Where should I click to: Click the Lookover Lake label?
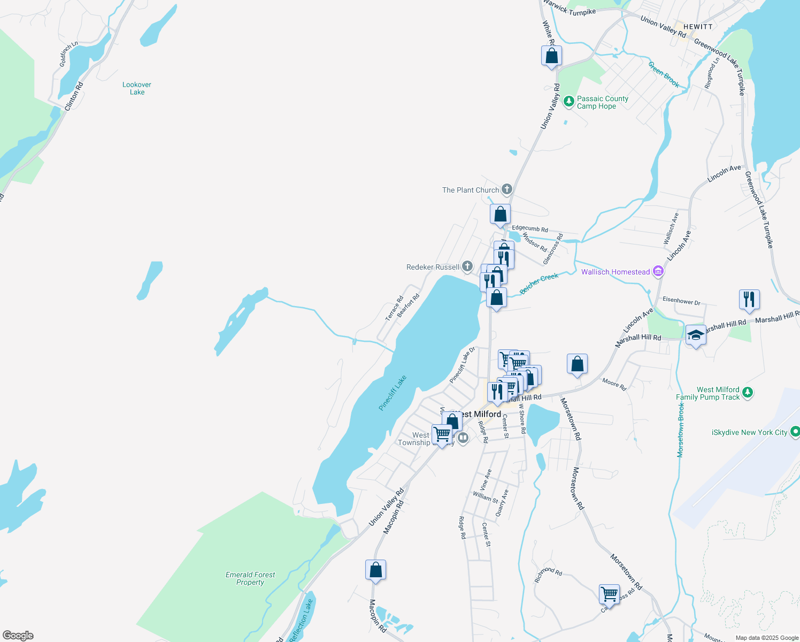click(x=137, y=88)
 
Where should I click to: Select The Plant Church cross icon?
click(x=506, y=189)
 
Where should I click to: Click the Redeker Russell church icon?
click(x=467, y=266)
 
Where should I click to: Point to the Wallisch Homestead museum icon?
click(x=658, y=272)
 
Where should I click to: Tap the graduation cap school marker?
click(x=695, y=335)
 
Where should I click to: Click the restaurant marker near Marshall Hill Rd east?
click(x=749, y=300)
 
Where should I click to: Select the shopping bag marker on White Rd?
click(x=551, y=56)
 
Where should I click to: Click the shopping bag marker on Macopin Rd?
click(x=375, y=570)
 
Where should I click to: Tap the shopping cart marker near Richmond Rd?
click(x=609, y=594)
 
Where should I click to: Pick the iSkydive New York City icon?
click(x=795, y=431)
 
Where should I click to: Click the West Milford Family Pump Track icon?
click(x=748, y=393)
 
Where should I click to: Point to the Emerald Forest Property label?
click(x=250, y=578)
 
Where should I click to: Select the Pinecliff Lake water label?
click(x=393, y=393)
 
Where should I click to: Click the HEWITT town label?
click(x=698, y=27)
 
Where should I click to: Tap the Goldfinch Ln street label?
click(x=68, y=54)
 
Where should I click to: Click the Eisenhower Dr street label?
click(x=681, y=301)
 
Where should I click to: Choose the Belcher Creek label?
click(x=539, y=283)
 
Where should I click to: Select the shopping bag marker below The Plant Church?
click(x=500, y=214)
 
